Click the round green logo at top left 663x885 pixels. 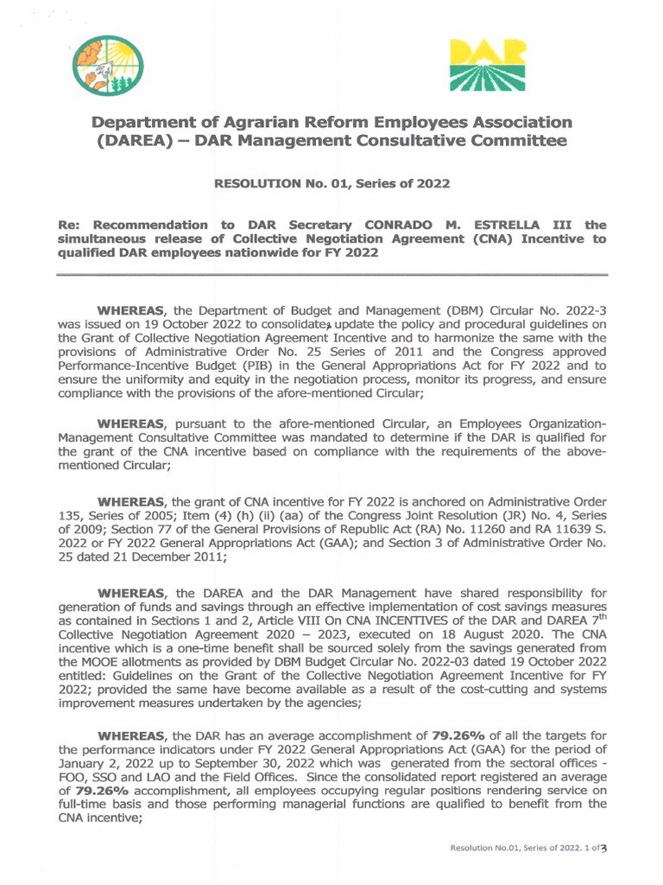(107, 65)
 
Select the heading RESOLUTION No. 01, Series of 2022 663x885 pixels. (331, 183)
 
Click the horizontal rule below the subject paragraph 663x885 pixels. (331, 275)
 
